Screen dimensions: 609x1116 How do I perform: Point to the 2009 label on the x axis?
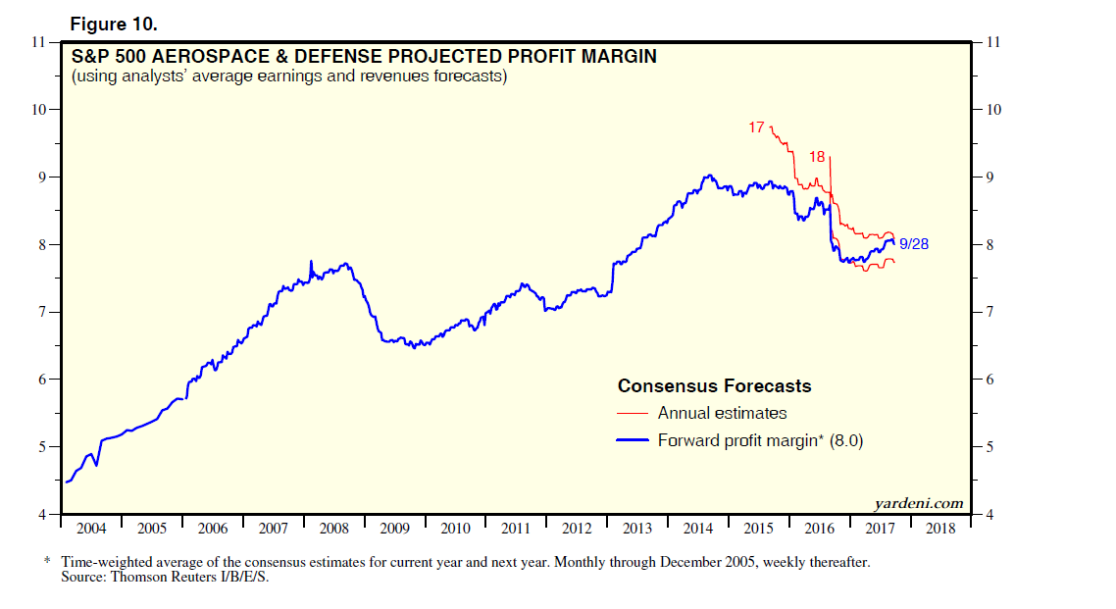click(394, 530)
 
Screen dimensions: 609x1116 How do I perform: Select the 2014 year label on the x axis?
click(698, 530)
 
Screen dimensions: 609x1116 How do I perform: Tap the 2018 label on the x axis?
click(940, 530)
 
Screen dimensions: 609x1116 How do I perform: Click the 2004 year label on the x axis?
click(91, 530)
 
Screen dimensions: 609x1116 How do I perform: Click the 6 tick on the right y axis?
click(989, 380)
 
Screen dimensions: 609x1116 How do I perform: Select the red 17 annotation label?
click(756, 127)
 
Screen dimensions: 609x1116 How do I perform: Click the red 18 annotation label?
click(817, 157)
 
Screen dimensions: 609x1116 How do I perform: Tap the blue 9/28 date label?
click(913, 243)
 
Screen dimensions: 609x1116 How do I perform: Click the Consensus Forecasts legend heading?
click(714, 385)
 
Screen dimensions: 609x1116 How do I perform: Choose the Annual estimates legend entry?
click(722, 413)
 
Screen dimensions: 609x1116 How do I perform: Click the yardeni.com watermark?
click(918, 504)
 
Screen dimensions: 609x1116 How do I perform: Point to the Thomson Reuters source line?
click(164, 578)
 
